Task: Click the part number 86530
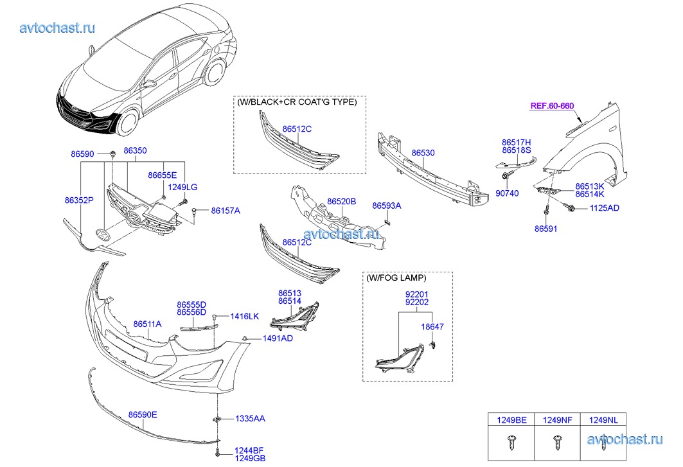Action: pyautogui.click(x=423, y=153)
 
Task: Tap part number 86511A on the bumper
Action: pyautogui.click(x=147, y=324)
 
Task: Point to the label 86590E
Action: pyautogui.click(x=142, y=415)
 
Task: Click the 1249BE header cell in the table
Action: pyautogui.click(x=511, y=420)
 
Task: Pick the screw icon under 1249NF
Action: pyautogui.click(x=558, y=442)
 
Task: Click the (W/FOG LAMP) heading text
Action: pyautogui.click(x=396, y=278)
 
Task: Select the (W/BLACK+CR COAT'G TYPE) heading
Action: pyautogui.click(x=297, y=102)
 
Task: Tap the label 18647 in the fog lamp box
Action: pyautogui.click(x=432, y=327)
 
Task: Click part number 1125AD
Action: pyautogui.click(x=605, y=208)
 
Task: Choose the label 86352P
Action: pyautogui.click(x=79, y=200)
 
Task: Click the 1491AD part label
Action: pyautogui.click(x=278, y=339)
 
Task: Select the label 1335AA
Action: pyautogui.click(x=250, y=419)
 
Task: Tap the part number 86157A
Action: pyautogui.click(x=225, y=211)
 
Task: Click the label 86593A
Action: pyautogui.click(x=387, y=206)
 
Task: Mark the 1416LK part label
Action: pyautogui.click(x=244, y=317)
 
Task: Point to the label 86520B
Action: pyautogui.click(x=342, y=202)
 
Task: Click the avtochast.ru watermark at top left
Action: pyautogui.click(x=58, y=27)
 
